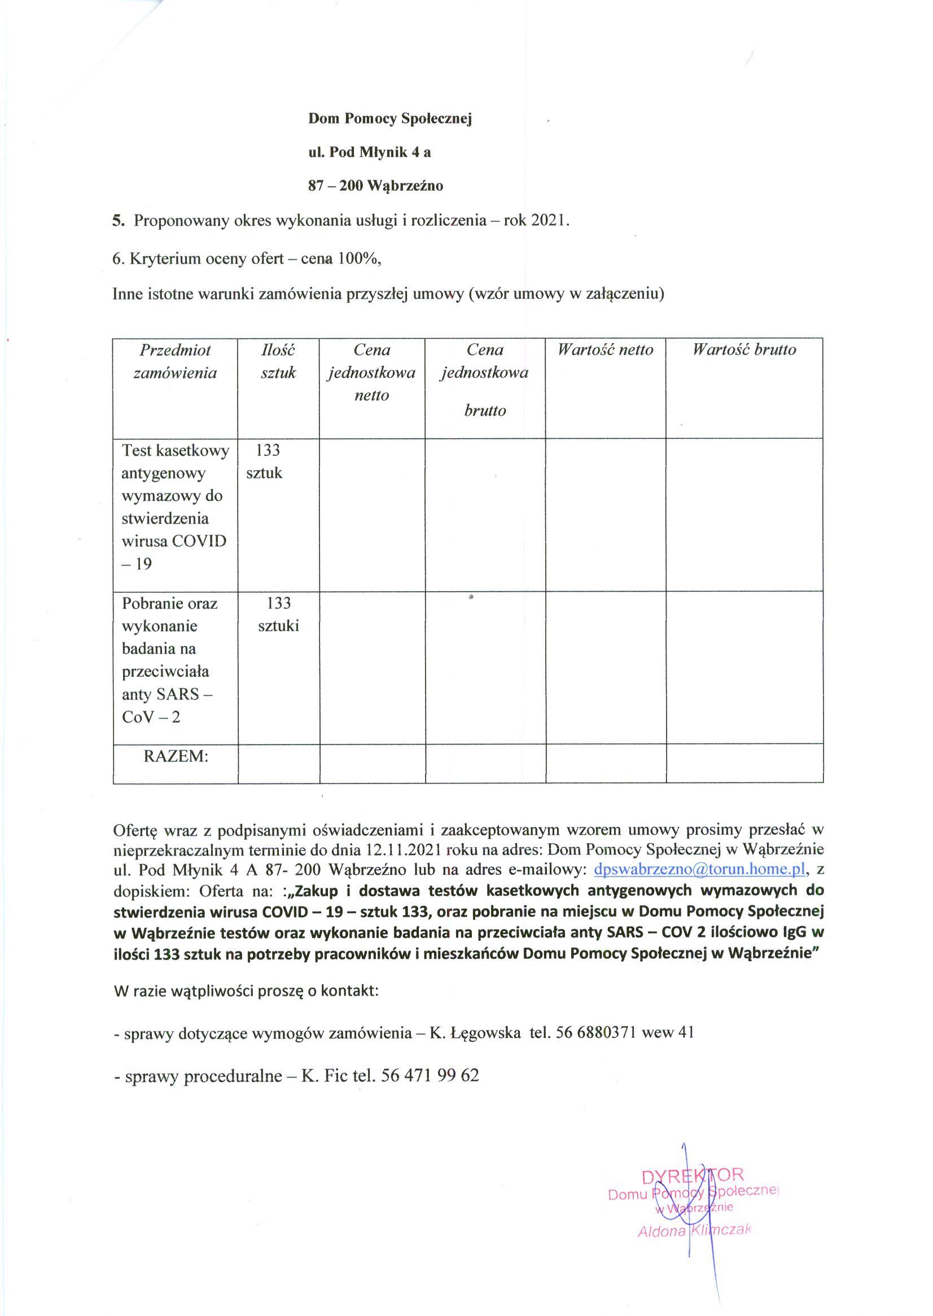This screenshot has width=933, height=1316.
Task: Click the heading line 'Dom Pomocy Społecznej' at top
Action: pyautogui.click(x=389, y=119)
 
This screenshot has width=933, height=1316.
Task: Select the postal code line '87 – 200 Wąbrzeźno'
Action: pyautogui.click(x=376, y=186)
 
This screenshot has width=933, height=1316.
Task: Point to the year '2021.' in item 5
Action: pyautogui.click(x=550, y=221)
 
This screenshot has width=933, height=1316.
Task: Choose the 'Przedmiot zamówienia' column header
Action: pyautogui.click(x=175, y=361)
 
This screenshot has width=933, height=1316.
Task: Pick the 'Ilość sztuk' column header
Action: pyautogui.click(x=278, y=361)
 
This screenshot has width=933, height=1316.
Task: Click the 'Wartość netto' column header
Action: pyautogui.click(x=606, y=350)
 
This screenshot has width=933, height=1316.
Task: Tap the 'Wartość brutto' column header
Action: pyautogui.click(x=744, y=350)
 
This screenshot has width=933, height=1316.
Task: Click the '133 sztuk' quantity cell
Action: pyautogui.click(x=265, y=461)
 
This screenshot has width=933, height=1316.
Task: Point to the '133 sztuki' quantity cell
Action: pyautogui.click(x=279, y=614)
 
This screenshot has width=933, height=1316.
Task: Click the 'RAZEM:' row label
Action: pyautogui.click(x=176, y=756)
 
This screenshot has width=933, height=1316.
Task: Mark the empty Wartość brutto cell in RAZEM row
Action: pyautogui.click(x=744, y=763)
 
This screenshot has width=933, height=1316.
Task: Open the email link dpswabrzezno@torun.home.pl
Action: pyautogui.click(x=700, y=869)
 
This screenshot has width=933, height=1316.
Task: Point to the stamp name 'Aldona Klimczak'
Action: pyautogui.click(x=694, y=1229)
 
